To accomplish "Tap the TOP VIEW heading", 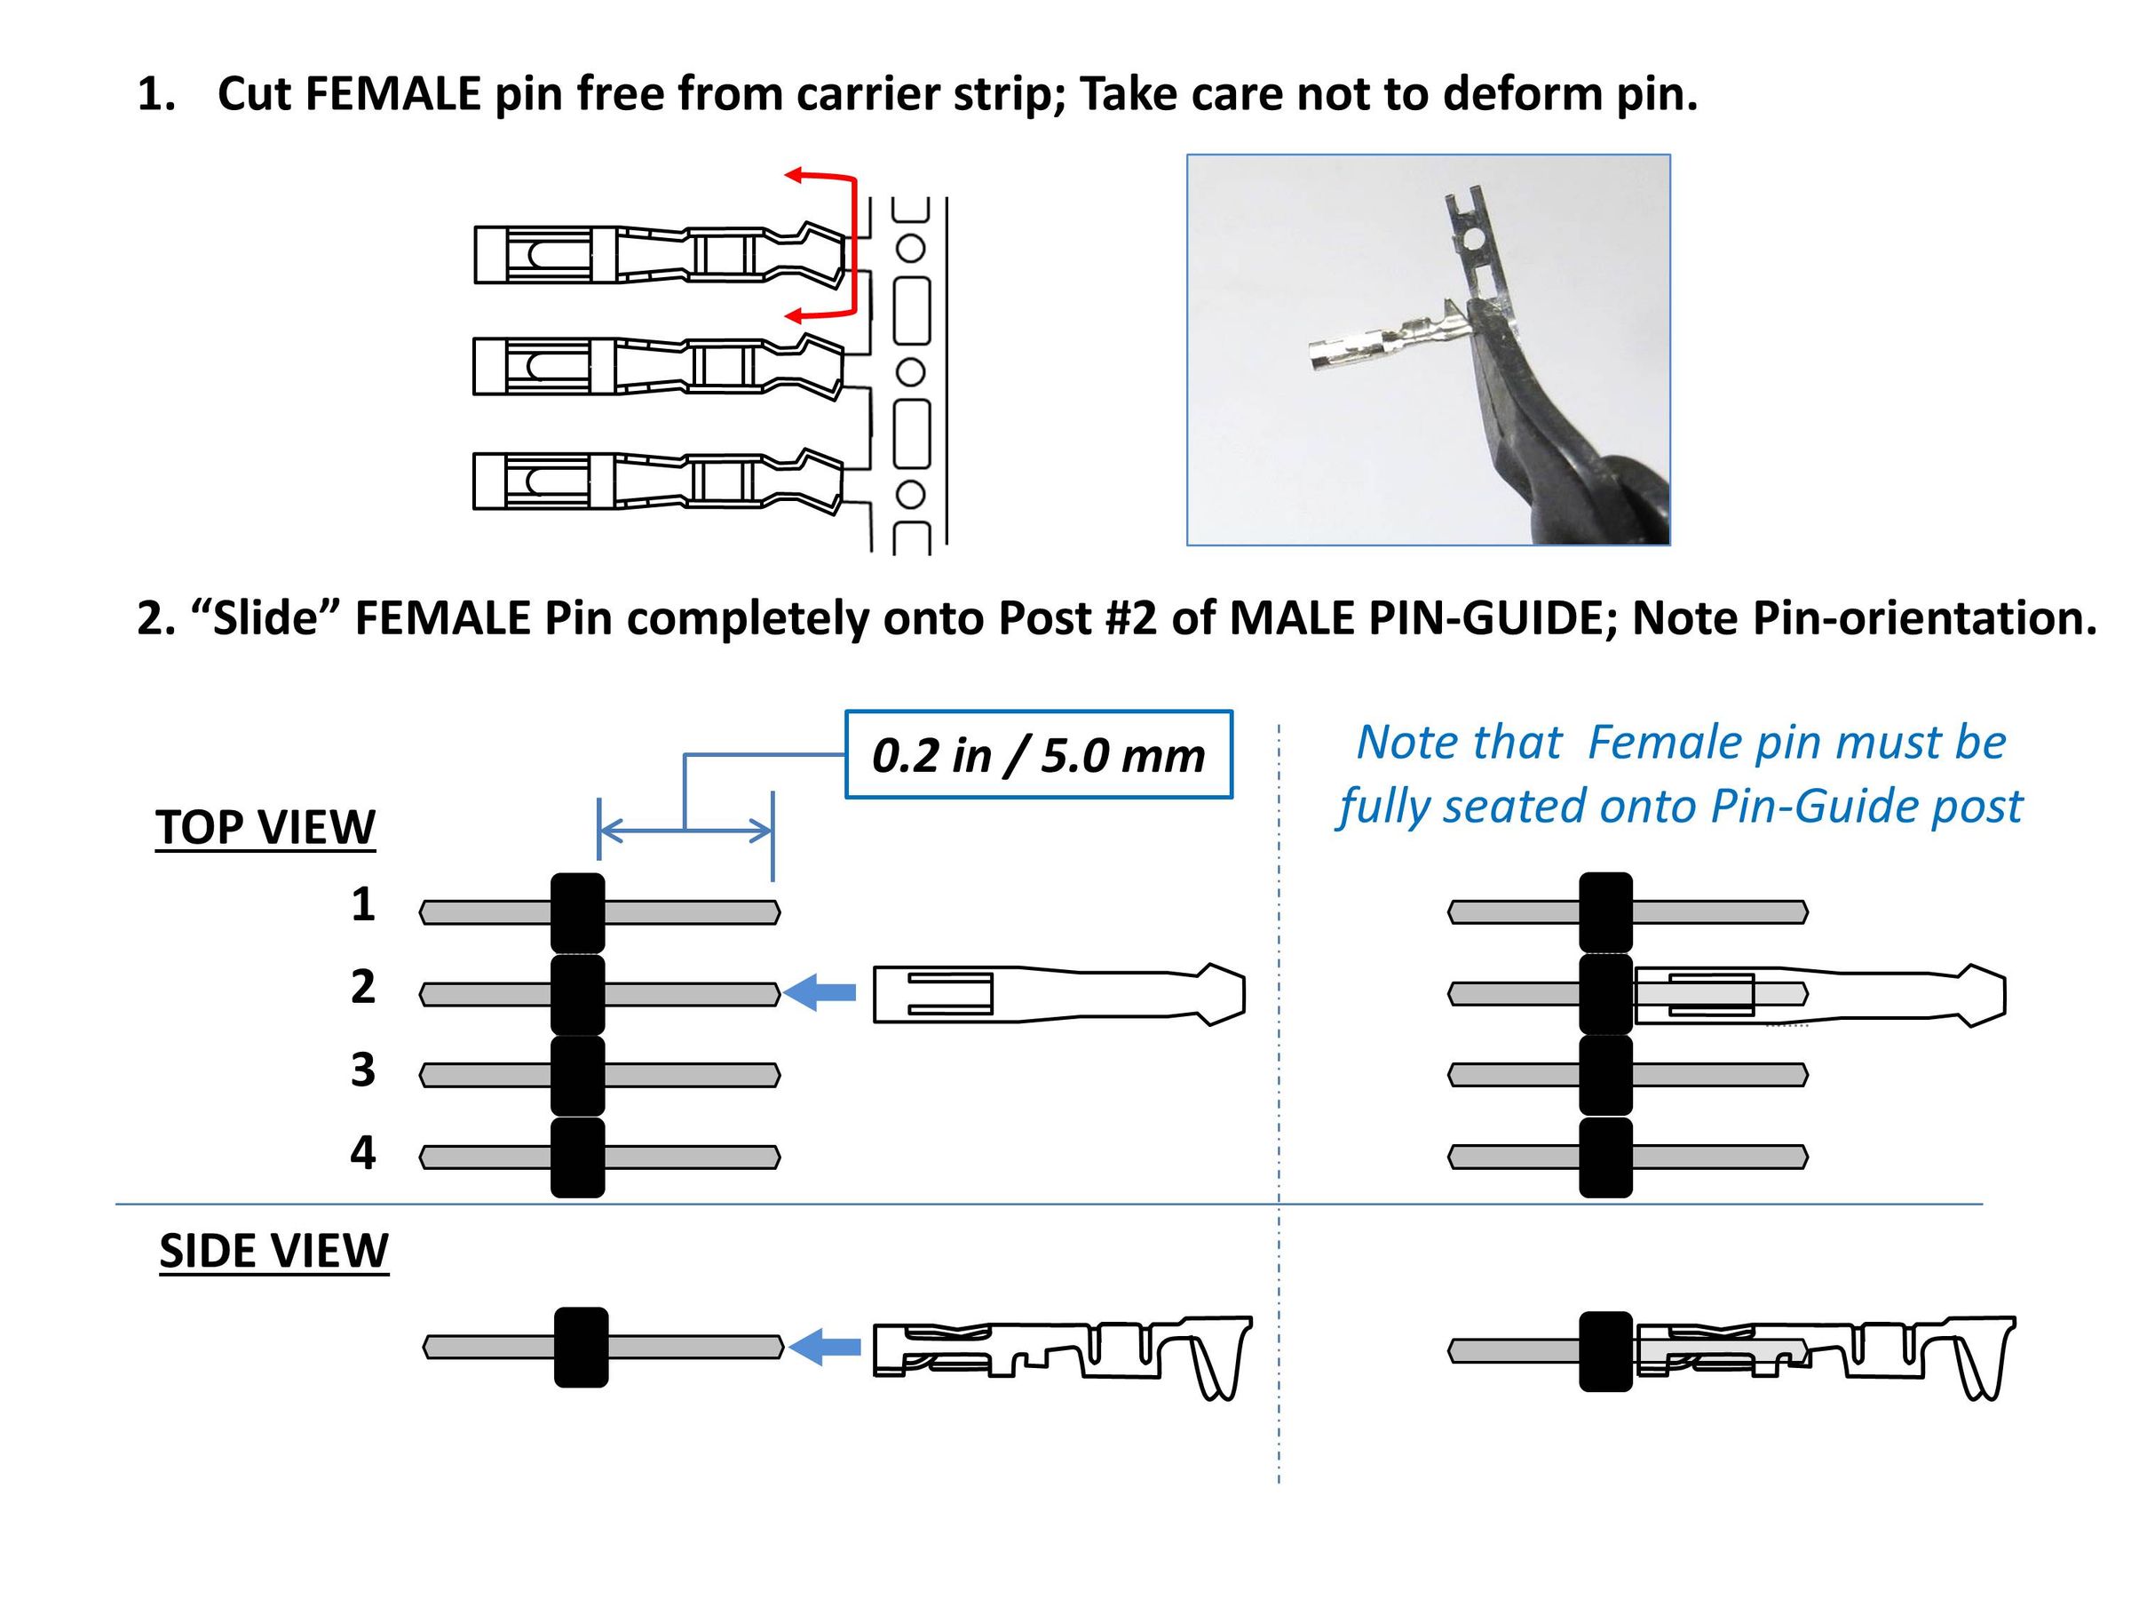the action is click(x=265, y=827).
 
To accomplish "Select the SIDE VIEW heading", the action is click(x=273, y=1250).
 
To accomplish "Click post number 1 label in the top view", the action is click(x=362, y=904).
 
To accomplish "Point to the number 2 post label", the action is click(x=362, y=986).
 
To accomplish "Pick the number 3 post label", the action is click(x=362, y=1069).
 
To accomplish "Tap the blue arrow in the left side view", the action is click(x=824, y=1348).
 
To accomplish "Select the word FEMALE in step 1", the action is click(x=393, y=93).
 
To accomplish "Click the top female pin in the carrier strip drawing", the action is click(x=660, y=253).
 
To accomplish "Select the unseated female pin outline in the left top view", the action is click(x=1058, y=994).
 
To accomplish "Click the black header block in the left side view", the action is click(x=581, y=1348).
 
